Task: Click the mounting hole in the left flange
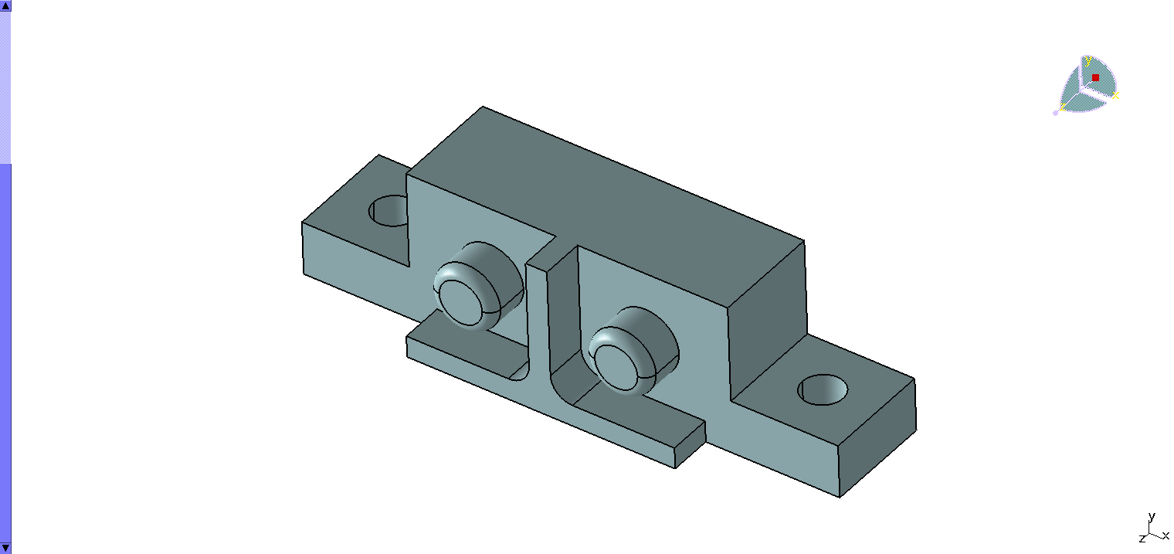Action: (x=389, y=211)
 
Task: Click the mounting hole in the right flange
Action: (x=823, y=389)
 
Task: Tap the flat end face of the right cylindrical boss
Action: (x=620, y=367)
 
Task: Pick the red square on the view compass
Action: (x=1095, y=77)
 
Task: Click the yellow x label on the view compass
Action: (x=1115, y=95)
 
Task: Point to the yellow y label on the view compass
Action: (x=1088, y=61)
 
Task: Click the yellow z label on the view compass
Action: (x=1062, y=107)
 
